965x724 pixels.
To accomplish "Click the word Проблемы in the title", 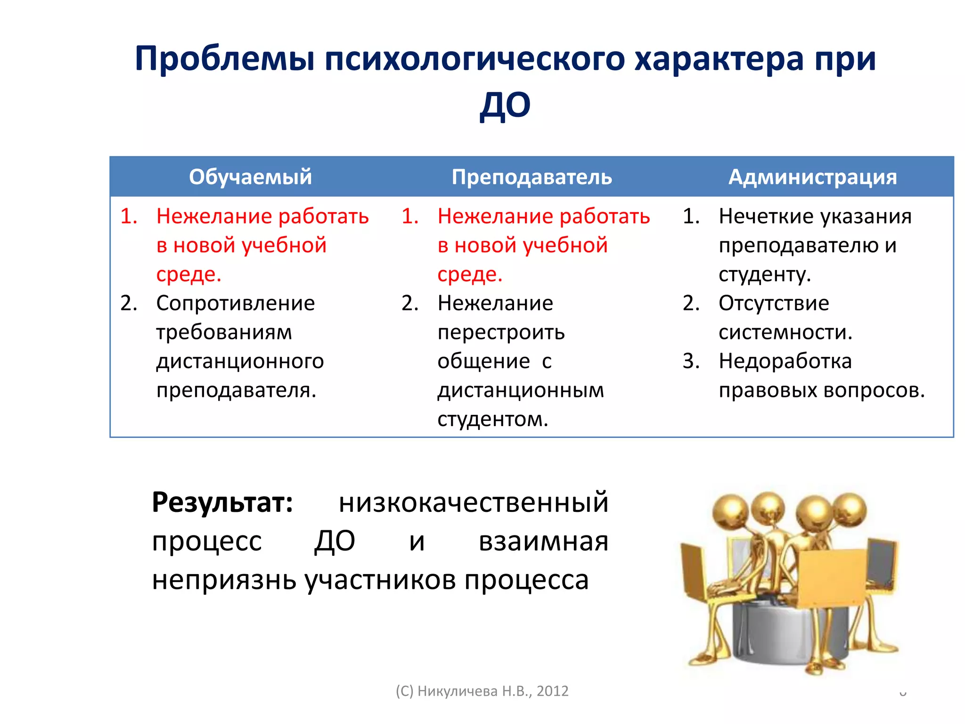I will pyautogui.click(x=224, y=59).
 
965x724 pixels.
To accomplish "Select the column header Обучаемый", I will pyautogui.click(x=250, y=177).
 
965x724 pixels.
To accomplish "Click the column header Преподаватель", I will pyautogui.click(x=532, y=177).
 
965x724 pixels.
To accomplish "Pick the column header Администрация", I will pyautogui.click(x=812, y=177).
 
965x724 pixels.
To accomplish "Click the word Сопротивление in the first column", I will pyautogui.click(x=235, y=303).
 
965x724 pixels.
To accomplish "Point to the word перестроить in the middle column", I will pyautogui.click(x=501, y=332).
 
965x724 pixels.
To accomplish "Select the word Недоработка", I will pyautogui.click(x=785, y=362).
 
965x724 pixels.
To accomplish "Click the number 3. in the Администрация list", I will pyautogui.click(x=691, y=362).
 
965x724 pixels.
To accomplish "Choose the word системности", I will pyautogui.click(x=785, y=332).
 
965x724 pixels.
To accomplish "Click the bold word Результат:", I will pyautogui.click(x=222, y=502).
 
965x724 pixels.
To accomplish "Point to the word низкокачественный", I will pyautogui.click(x=473, y=502).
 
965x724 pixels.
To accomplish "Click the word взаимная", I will pyautogui.click(x=543, y=541).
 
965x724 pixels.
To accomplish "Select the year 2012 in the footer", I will pyautogui.click(x=552, y=691).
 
